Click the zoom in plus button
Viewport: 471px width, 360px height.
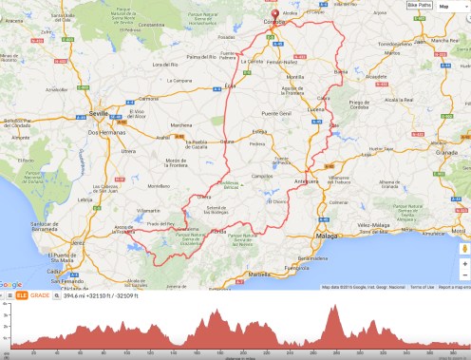coord(464,264)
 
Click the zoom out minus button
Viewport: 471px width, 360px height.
coord(464,276)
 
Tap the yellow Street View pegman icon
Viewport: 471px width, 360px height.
coord(464,249)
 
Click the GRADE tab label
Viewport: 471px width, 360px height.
coord(40,295)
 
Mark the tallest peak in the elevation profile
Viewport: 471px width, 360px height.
coord(334,308)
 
